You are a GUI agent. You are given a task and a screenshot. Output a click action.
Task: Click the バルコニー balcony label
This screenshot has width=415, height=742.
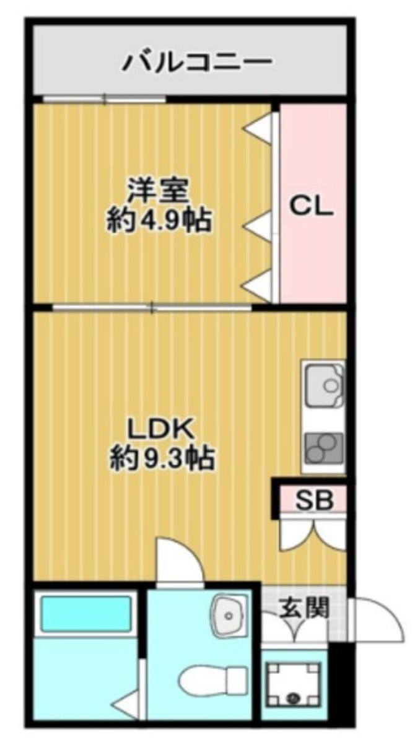click(198, 61)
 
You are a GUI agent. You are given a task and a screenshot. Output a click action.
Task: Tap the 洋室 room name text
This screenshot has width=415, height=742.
click(158, 190)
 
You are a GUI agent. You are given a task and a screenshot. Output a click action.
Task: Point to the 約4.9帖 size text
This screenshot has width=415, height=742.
click(159, 220)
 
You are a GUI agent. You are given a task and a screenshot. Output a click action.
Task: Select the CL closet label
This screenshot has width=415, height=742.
click(312, 207)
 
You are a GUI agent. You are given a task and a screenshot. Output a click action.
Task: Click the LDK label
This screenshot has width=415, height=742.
click(162, 428)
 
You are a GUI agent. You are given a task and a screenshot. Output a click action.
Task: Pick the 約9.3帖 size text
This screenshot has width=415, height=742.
click(162, 459)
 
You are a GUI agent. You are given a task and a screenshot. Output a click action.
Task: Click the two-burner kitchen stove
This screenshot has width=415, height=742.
click(324, 447)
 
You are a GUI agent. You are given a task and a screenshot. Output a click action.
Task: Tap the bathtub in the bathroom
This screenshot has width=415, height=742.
click(87, 613)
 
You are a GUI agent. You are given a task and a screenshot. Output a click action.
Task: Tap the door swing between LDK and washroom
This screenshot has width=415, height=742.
click(180, 561)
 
